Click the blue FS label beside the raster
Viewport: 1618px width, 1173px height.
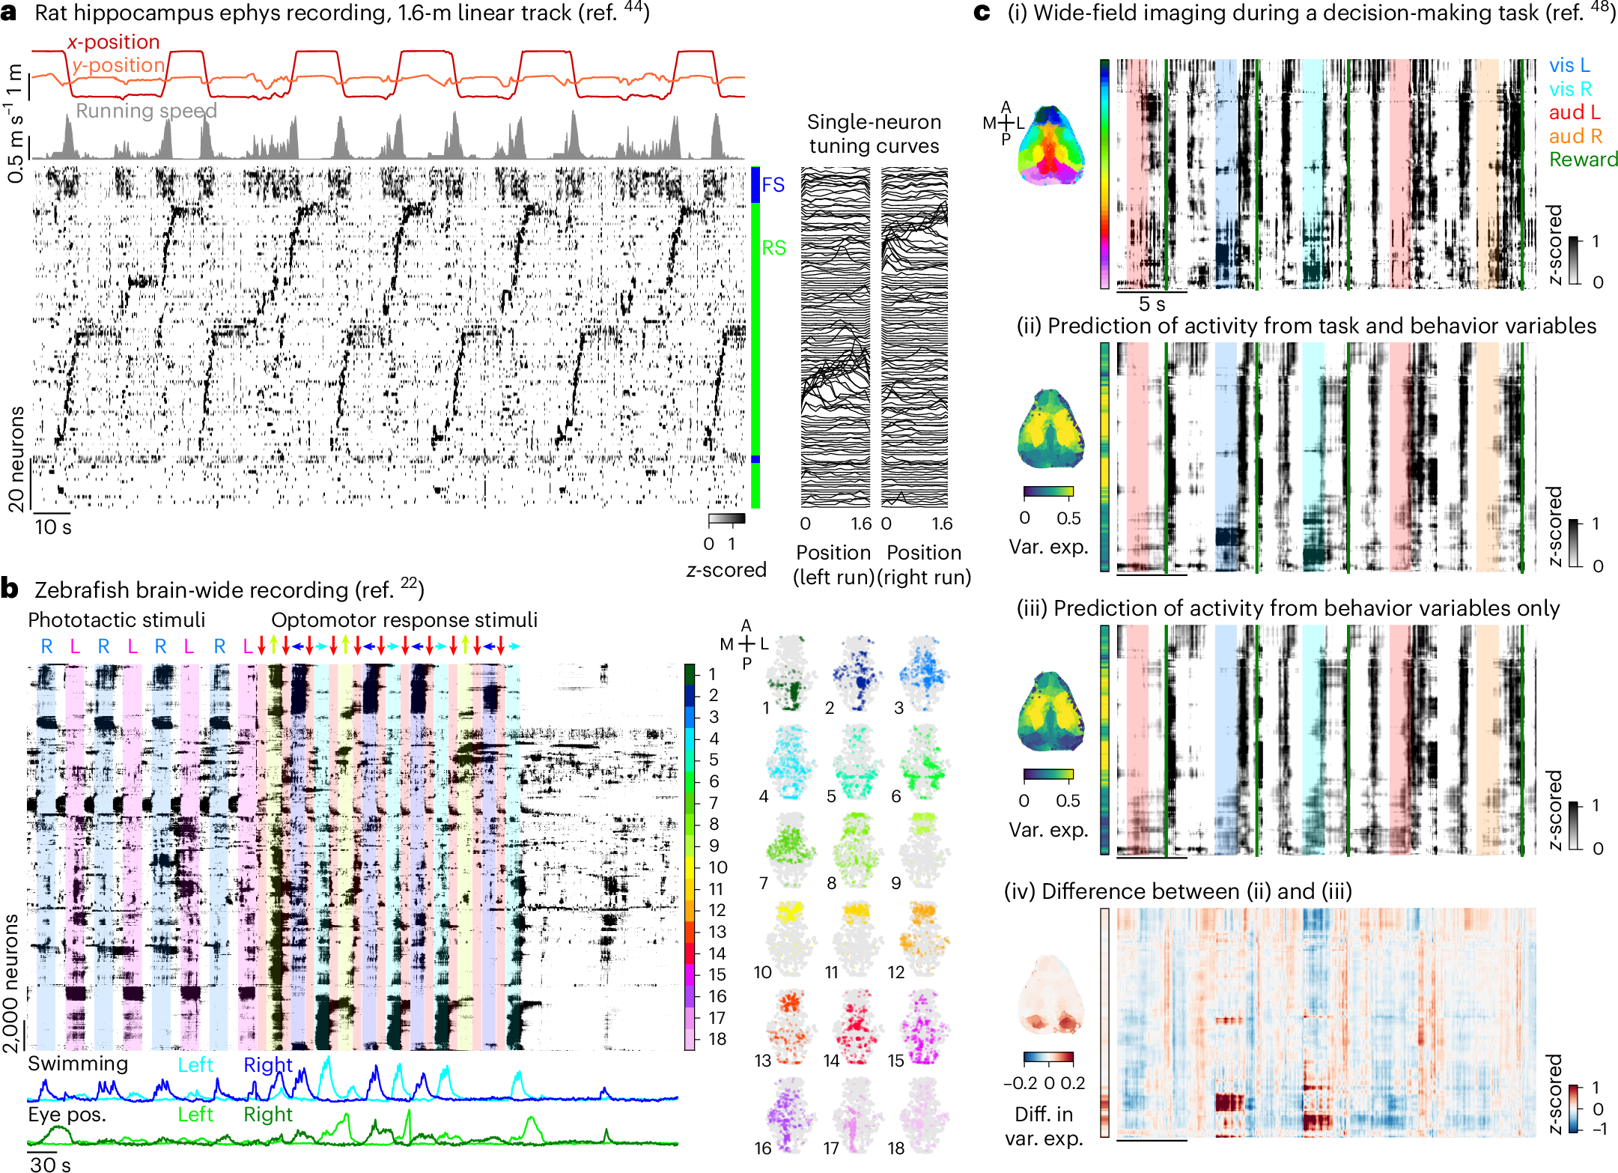(773, 184)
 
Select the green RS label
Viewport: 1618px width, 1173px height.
(773, 248)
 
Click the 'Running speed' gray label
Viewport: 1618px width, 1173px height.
(146, 111)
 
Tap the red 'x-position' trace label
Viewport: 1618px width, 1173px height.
(114, 42)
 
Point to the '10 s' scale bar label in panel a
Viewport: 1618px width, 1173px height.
(52, 527)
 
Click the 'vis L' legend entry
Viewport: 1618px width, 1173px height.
(1569, 66)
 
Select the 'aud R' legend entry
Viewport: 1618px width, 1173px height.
(1575, 136)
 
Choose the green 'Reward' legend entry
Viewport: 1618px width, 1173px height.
(1583, 160)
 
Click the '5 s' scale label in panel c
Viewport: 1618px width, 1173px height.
(1152, 304)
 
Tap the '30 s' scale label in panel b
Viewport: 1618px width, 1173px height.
(50, 1164)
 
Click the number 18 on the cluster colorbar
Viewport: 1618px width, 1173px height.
(717, 1039)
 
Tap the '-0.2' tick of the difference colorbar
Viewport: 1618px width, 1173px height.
(1020, 1083)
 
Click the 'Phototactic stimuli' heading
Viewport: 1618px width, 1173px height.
(116, 620)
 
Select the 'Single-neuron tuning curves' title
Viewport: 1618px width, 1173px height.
(874, 134)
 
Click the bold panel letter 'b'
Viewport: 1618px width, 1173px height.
(10, 589)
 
